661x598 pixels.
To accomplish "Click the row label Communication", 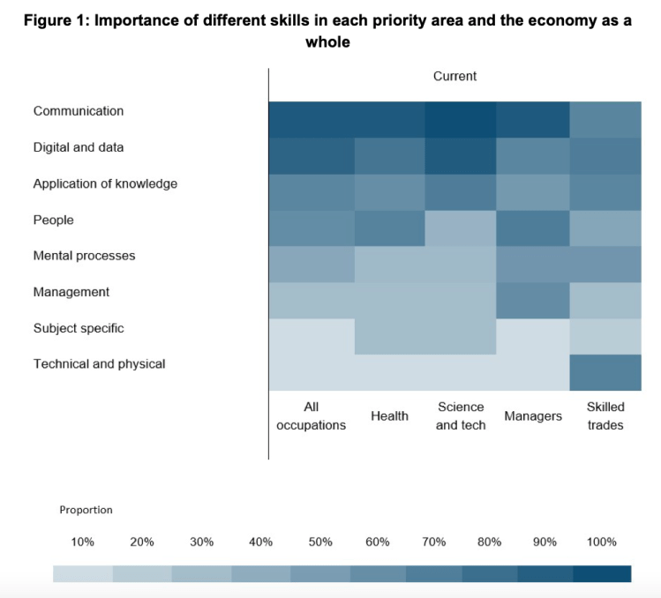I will tap(79, 111).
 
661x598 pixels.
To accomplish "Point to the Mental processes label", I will tap(85, 256).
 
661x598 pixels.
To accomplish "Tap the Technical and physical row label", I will tap(99, 363).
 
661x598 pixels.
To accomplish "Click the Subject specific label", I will tap(79, 328).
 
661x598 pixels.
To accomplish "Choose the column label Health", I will tap(389, 416).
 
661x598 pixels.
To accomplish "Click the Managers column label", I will tap(533, 416).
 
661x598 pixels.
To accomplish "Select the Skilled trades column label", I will tap(605, 416).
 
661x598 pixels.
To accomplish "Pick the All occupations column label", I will tap(311, 416).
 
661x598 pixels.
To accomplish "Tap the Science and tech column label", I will tap(461, 416).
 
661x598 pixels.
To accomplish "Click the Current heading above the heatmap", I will tap(454, 77).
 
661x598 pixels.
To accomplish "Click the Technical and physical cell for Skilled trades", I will tap(605, 372).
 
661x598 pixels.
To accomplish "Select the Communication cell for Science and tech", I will tap(461, 120).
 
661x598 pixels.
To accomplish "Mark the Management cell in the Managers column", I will tap(533, 300).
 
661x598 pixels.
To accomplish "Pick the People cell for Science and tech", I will tap(461, 228).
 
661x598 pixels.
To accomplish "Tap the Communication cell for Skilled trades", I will tap(605, 120).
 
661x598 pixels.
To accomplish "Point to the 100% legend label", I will tap(602, 542).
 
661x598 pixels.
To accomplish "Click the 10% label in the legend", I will tap(83, 542).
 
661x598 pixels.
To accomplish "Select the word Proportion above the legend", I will tap(86, 510).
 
